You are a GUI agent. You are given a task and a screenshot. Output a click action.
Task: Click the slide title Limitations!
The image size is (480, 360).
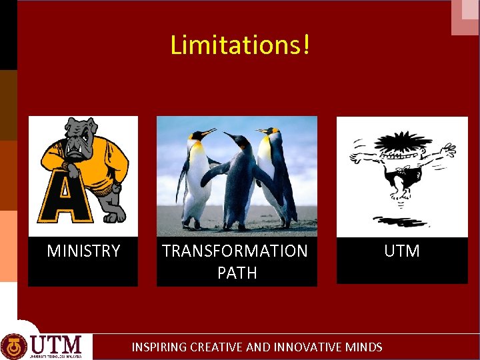[x=240, y=45]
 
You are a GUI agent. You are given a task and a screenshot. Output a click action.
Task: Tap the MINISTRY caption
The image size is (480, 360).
[x=83, y=251]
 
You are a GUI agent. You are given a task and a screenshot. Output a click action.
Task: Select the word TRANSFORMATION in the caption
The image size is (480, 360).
[x=235, y=251]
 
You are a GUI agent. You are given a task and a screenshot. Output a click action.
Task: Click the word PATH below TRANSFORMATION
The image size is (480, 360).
[x=237, y=273]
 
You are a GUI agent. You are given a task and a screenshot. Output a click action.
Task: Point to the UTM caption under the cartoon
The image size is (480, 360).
[x=402, y=251]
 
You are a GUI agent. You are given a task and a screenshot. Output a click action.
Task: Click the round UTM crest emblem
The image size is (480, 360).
[x=14, y=346]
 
